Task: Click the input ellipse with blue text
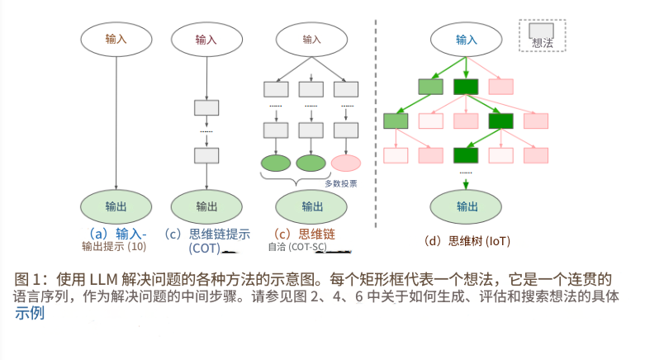click(x=467, y=39)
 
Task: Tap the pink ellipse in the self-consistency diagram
click(x=346, y=163)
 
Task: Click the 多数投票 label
click(x=340, y=183)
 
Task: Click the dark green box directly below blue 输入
click(x=467, y=86)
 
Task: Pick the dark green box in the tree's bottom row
click(x=467, y=154)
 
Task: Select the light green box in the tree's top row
click(x=431, y=86)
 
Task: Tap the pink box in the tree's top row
click(x=501, y=86)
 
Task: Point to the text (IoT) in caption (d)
click(x=498, y=241)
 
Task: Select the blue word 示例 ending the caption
click(x=31, y=314)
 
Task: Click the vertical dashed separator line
click(x=377, y=124)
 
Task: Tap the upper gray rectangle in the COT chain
click(x=206, y=107)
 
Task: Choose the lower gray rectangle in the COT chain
click(x=206, y=154)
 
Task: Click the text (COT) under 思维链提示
click(x=204, y=248)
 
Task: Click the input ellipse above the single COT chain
click(x=206, y=39)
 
